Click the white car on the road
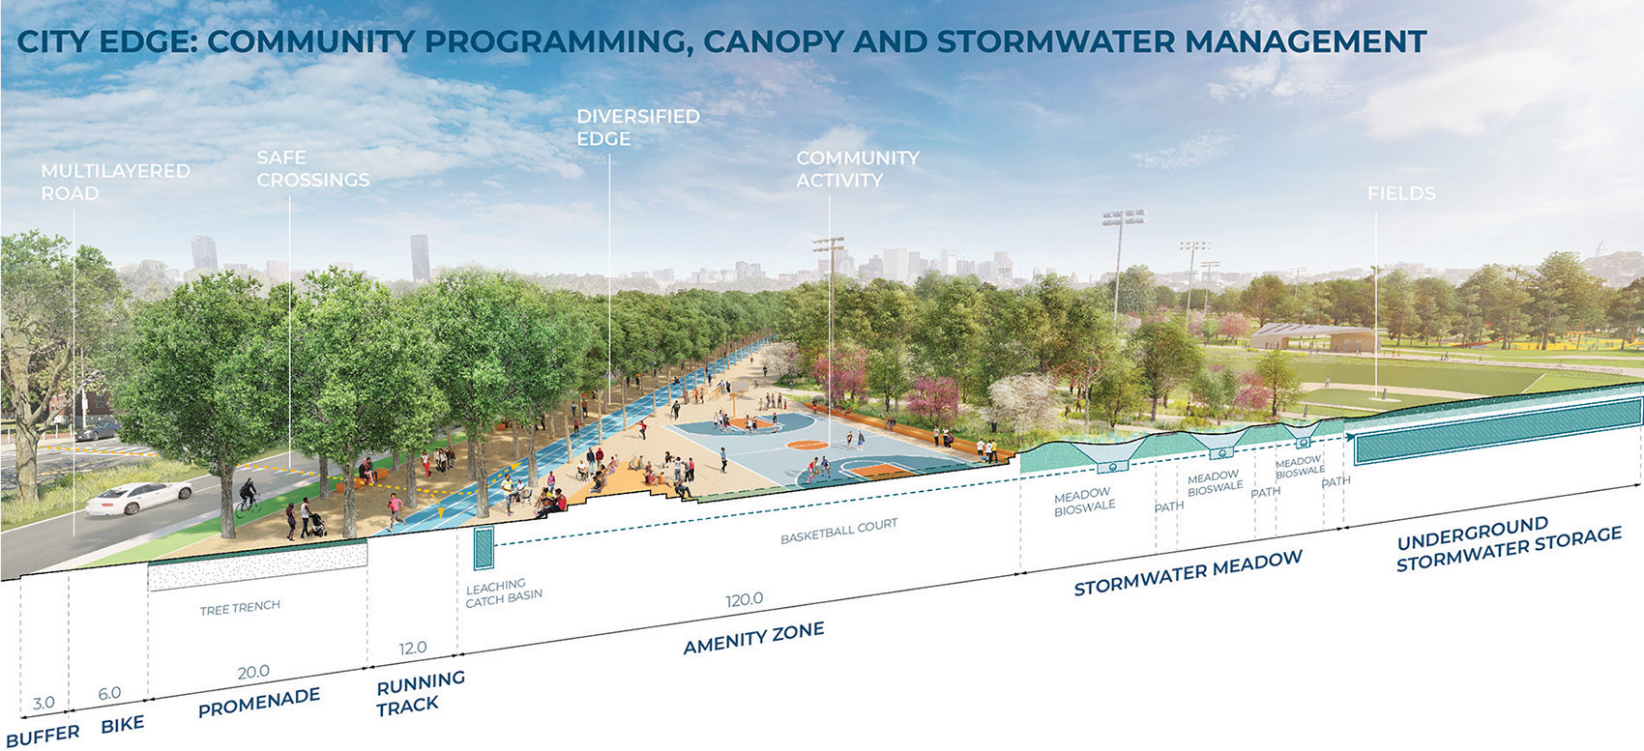tap(138, 498)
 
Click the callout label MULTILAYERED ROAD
tap(115, 182)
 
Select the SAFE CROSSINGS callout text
tap(312, 169)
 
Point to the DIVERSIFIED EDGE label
tap(637, 128)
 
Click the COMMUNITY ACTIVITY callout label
tap(857, 169)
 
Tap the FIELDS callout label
tap(1400, 193)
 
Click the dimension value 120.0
tap(744, 600)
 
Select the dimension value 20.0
tap(253, 672)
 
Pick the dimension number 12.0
tap(413, 648)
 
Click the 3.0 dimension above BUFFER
tap(44, 703)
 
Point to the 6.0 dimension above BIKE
tap(109, 693)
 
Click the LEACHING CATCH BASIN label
tap(503, 592)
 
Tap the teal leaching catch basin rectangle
tap(483, 548)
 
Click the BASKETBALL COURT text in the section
tap(838, 531)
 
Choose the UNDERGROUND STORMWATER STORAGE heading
tap(1508, 545)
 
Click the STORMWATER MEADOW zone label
tap(1188, 573)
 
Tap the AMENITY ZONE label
tap(753, 638)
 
